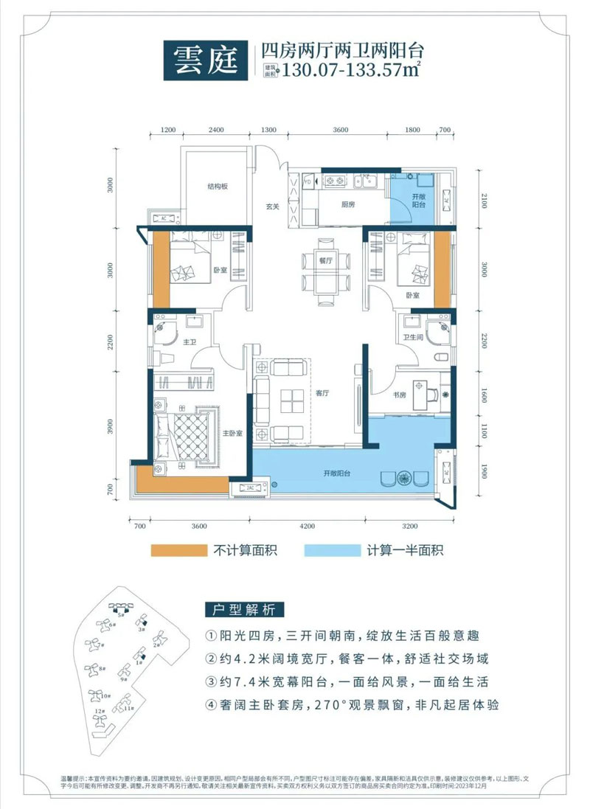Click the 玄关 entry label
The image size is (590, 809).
click(x=272, y=207)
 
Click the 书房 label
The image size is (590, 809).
click(x=399, y=395)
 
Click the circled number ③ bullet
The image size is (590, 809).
click(x=212, y=682)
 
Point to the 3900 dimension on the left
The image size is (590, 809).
click(x=111, y=429)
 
